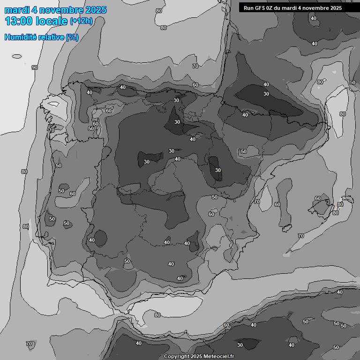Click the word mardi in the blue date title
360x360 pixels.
15,10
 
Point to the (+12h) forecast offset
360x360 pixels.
81,21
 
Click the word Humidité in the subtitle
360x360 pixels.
19,37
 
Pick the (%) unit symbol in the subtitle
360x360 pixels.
72,37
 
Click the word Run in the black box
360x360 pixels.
248,8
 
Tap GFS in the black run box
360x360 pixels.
260,8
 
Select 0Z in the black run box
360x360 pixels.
271,8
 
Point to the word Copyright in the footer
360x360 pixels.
177,356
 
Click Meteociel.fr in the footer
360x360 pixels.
218,356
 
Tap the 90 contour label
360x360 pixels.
35,67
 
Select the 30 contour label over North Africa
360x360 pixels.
240,345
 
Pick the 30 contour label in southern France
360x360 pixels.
266,94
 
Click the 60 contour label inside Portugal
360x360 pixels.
73,194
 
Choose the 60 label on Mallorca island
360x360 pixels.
318,198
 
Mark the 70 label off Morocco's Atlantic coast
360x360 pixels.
30,344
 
